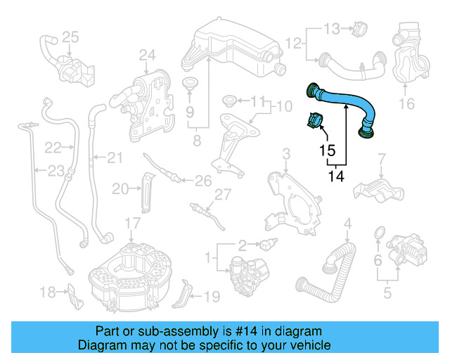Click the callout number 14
[x=337, y=177]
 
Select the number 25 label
[x=70, y=36]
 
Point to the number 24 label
[x=146, y=54]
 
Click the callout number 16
[x=407, y=105]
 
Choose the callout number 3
[x=285, y=153]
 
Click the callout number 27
[x=223, y=194]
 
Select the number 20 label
[x=120, y=188]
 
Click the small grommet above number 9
[x=189, y=85]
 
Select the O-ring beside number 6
[x=378, y=233]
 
